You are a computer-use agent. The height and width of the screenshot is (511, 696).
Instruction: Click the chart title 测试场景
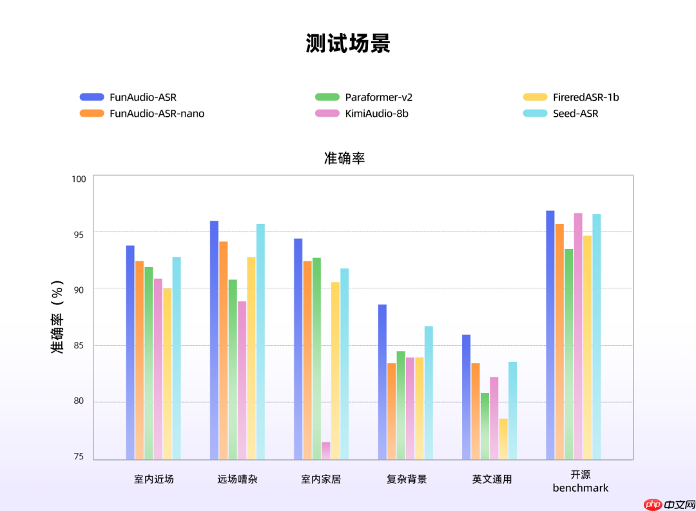coord(348,44)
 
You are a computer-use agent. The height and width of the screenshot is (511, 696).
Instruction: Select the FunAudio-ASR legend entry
coord(142,97)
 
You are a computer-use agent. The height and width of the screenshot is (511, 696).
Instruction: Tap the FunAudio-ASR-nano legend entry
coord(157,114)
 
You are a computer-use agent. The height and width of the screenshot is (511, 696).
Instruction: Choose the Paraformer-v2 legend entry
coord(378,97)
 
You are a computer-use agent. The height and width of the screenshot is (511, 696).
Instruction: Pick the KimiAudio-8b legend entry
coord(376,114)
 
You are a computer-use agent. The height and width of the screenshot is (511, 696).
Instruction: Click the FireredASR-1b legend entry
coord(586,97)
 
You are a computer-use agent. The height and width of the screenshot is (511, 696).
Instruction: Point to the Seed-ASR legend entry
coord(575,114)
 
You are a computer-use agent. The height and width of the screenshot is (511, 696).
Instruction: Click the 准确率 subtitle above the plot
coord(345,158)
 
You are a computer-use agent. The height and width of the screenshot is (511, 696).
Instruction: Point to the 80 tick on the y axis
coord(78,401)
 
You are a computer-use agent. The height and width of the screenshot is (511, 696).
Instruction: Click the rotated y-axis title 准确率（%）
coord(58,316)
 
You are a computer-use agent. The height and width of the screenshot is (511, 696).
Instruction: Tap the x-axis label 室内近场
coord(154,479)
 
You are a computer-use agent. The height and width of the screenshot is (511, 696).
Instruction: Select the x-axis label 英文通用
coord(492,479)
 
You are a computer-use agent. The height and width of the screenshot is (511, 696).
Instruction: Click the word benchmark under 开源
coord(580,488)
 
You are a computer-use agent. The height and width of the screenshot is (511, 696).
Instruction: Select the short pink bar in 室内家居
coord(326,450)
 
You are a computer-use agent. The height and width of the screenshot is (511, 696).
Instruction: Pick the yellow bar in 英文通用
coord(503,439)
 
